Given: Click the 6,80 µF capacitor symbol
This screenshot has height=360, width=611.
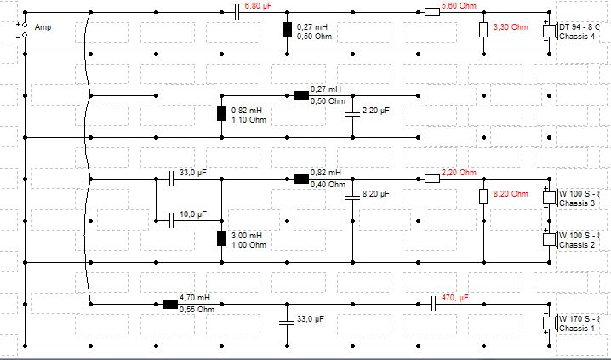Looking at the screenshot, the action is [237, 13].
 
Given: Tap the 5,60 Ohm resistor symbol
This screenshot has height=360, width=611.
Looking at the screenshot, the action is [432, 13].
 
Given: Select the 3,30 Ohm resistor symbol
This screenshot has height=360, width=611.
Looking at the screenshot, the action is [483, 30].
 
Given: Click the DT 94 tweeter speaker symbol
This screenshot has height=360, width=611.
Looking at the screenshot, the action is [551, 31].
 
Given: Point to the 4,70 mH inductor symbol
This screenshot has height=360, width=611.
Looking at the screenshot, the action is [170, 305].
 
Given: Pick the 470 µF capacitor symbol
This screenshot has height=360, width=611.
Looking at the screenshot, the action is [432, 305].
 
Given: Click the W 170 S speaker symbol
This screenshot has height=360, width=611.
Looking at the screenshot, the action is [551, 323].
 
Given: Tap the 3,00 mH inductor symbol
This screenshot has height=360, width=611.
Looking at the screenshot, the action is [221, 238].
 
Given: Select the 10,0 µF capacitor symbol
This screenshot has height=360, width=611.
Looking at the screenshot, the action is [171, 221].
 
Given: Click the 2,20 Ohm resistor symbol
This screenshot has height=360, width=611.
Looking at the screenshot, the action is [432, 180].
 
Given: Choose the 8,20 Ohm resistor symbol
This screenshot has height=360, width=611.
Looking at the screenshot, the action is [483, 197].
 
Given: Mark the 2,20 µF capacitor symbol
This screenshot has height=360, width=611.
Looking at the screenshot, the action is [352, 114].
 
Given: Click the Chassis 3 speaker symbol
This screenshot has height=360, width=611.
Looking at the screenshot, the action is [551, 197].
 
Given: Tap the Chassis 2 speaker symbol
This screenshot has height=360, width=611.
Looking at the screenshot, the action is [551, 239].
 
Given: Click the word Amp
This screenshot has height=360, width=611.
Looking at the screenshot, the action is [43, 27].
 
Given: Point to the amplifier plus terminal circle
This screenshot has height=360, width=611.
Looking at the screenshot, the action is [25, 25].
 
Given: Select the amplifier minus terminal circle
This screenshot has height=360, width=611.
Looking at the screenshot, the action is [25, 35].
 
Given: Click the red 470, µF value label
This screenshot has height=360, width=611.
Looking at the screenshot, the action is [455, 298].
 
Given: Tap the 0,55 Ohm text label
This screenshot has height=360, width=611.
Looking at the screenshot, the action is [197, 310].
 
